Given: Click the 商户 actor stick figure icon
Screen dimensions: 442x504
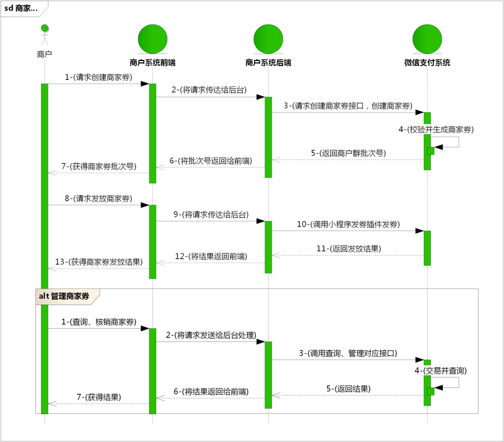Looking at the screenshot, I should coord(45,35).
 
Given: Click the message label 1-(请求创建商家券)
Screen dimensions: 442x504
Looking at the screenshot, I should coord(98,77).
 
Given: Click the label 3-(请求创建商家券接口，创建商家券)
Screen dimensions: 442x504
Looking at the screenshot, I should coord(348,105).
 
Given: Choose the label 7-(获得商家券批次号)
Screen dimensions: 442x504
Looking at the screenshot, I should coord(98,166).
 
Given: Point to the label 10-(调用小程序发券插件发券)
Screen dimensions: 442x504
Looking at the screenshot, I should coord(348,224).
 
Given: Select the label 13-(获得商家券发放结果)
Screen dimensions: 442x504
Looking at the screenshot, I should coord(99,262).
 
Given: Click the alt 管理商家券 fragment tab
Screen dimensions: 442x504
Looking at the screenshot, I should coord(66,295).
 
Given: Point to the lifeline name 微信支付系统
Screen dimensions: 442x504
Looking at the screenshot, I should coord(427,63).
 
